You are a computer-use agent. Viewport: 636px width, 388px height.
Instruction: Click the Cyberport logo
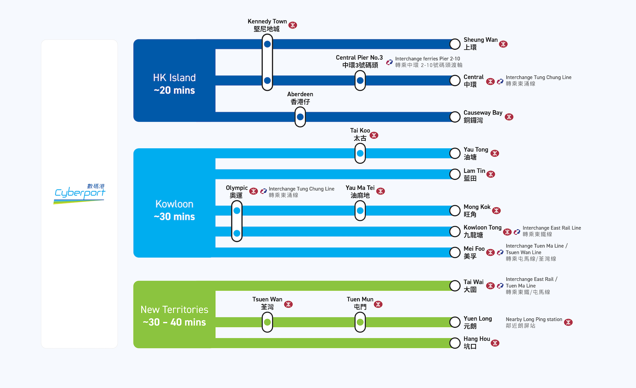click(x=79, y=194)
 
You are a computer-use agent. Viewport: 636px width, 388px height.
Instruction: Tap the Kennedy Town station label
click(x=267, y=25)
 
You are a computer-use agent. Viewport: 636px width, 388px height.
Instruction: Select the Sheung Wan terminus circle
click(x=455, y=44)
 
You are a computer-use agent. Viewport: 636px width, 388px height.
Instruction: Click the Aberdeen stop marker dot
click(x=300, y=117)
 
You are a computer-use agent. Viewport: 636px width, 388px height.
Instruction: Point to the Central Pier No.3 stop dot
click(x=360, y=80)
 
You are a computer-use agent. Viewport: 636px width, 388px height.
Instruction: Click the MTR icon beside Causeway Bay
click(x=509, y=117)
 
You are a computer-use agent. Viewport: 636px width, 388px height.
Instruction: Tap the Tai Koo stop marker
click(x=360, y=153)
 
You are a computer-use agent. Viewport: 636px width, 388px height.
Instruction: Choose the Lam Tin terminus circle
click(x=455, y=174)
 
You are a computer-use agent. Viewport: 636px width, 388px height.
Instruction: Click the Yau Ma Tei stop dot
click(x=360, y=211)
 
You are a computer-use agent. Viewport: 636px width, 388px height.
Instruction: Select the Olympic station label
click(x=237, y=191)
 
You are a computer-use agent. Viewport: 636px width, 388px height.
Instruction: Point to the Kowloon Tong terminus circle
click(x=455, y=231)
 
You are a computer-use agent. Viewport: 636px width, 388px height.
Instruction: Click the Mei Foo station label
click(x=474, y=252)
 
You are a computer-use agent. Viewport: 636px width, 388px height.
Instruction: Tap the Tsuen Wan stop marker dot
click(x=267, y=322)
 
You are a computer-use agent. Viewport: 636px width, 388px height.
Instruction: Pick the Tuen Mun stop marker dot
click(x=360, y=322)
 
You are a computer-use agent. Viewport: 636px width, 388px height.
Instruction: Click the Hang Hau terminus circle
click(x=455, y=343)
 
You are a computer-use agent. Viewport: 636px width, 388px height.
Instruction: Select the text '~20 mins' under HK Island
click(x=174, y=90)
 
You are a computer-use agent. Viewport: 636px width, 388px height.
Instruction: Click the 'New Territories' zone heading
click(x=174, y=310)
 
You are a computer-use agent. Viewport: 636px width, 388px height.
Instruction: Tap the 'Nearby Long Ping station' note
click(x=534, y=322)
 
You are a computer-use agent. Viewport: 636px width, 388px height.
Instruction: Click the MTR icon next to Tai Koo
click(x=374, y=135)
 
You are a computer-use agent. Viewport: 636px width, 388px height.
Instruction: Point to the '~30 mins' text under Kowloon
click(x=174, y=217)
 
